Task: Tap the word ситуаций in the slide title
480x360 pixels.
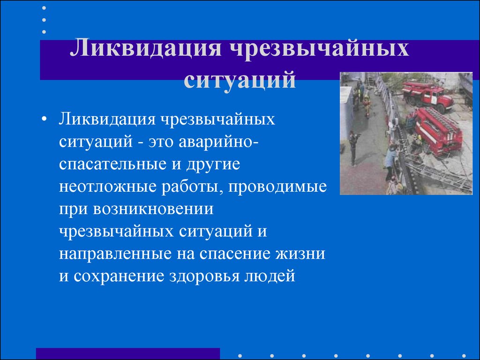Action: [240, 80]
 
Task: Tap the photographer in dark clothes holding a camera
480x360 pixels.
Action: [353, 146]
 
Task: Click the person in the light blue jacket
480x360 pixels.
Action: [390, 160]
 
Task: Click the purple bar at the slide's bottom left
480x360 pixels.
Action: [127, 353]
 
